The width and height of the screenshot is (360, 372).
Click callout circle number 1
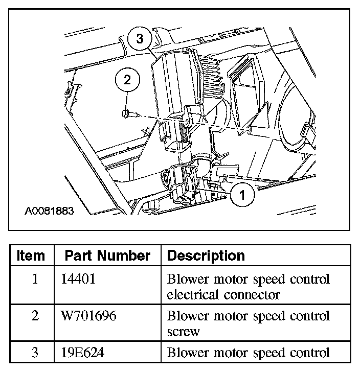click(x=242, y=194)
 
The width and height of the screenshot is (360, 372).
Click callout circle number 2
click(x=127, y=80)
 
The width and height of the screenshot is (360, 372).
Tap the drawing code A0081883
click(x=49, y=211)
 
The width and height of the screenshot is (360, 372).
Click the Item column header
click(x=31, y=255)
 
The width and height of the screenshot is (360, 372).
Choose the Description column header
click(x=206, y=255)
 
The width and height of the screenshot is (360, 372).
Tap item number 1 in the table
click(x=34, y=280)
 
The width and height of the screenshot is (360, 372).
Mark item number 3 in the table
click(x=34, y=353)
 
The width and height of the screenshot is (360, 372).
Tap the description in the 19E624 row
click(x=248, y=353)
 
